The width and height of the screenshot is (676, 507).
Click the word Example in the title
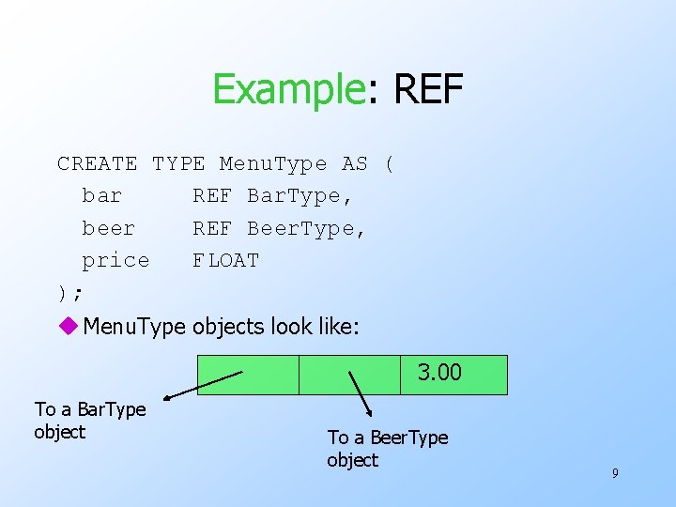[287, 89]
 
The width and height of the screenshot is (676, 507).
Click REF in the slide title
[428, 89]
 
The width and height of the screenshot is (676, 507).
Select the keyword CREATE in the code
[97, 164]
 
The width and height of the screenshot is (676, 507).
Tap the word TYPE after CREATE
[178, 164]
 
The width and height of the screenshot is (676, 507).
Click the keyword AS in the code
[355, 164]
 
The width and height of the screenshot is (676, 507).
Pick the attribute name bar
[102, 196]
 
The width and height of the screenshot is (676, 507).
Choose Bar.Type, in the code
[300, 196]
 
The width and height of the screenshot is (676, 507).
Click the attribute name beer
[109, 228]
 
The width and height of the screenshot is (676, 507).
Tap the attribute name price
[115, 260]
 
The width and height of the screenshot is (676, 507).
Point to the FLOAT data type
[225, 260]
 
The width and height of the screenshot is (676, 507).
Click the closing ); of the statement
[69, 293]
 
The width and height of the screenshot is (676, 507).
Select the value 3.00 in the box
[440, 373]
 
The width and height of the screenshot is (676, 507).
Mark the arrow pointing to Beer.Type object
[361, 392]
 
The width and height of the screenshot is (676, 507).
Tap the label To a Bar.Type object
[90, 421]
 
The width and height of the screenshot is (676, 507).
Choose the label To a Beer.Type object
[387, 448]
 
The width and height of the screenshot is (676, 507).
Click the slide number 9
[615, 473]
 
